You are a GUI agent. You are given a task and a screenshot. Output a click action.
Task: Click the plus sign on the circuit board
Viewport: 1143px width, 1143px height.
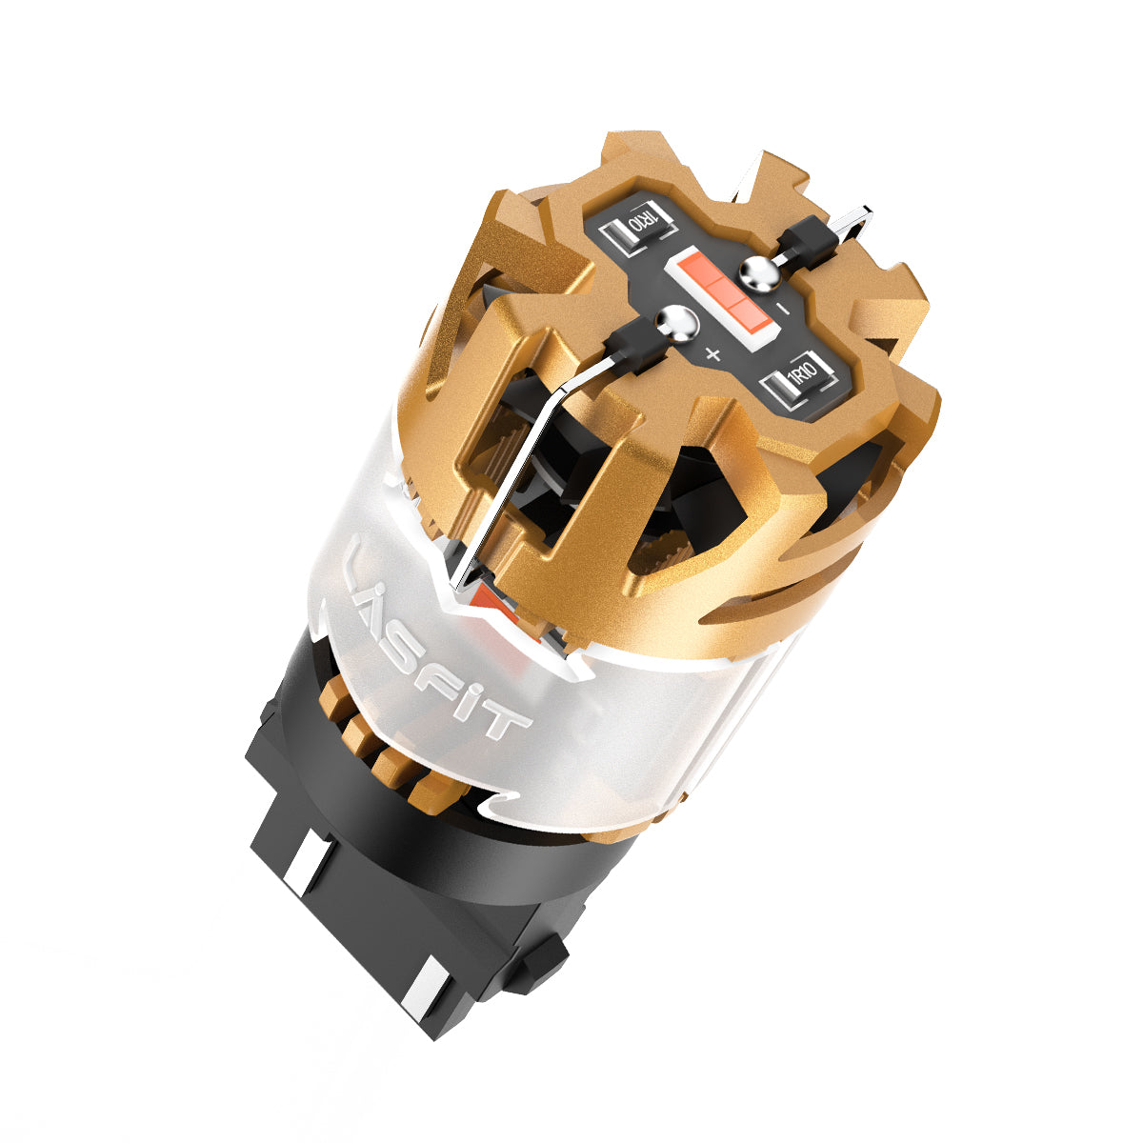(713, 354)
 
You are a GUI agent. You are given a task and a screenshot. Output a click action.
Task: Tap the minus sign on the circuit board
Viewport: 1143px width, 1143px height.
(783, 309)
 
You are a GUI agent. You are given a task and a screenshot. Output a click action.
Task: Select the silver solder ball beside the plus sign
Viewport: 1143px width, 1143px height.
(677, 324)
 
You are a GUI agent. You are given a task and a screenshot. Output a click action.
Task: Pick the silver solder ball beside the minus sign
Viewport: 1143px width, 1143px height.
(760, 275)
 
